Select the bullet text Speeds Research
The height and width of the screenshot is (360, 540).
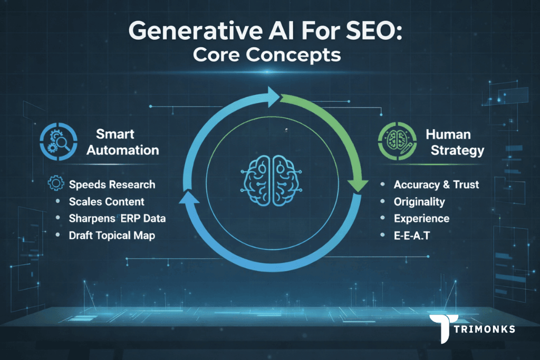tap(112, 184)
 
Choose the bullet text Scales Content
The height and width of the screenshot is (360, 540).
tap(107, 201)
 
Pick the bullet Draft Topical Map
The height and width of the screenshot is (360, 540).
tap(112, 235)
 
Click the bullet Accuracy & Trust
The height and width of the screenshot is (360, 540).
tap(436, 184)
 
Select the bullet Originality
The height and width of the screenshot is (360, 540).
tap(419, 201)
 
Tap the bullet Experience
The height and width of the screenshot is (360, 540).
tap(421, 218)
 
